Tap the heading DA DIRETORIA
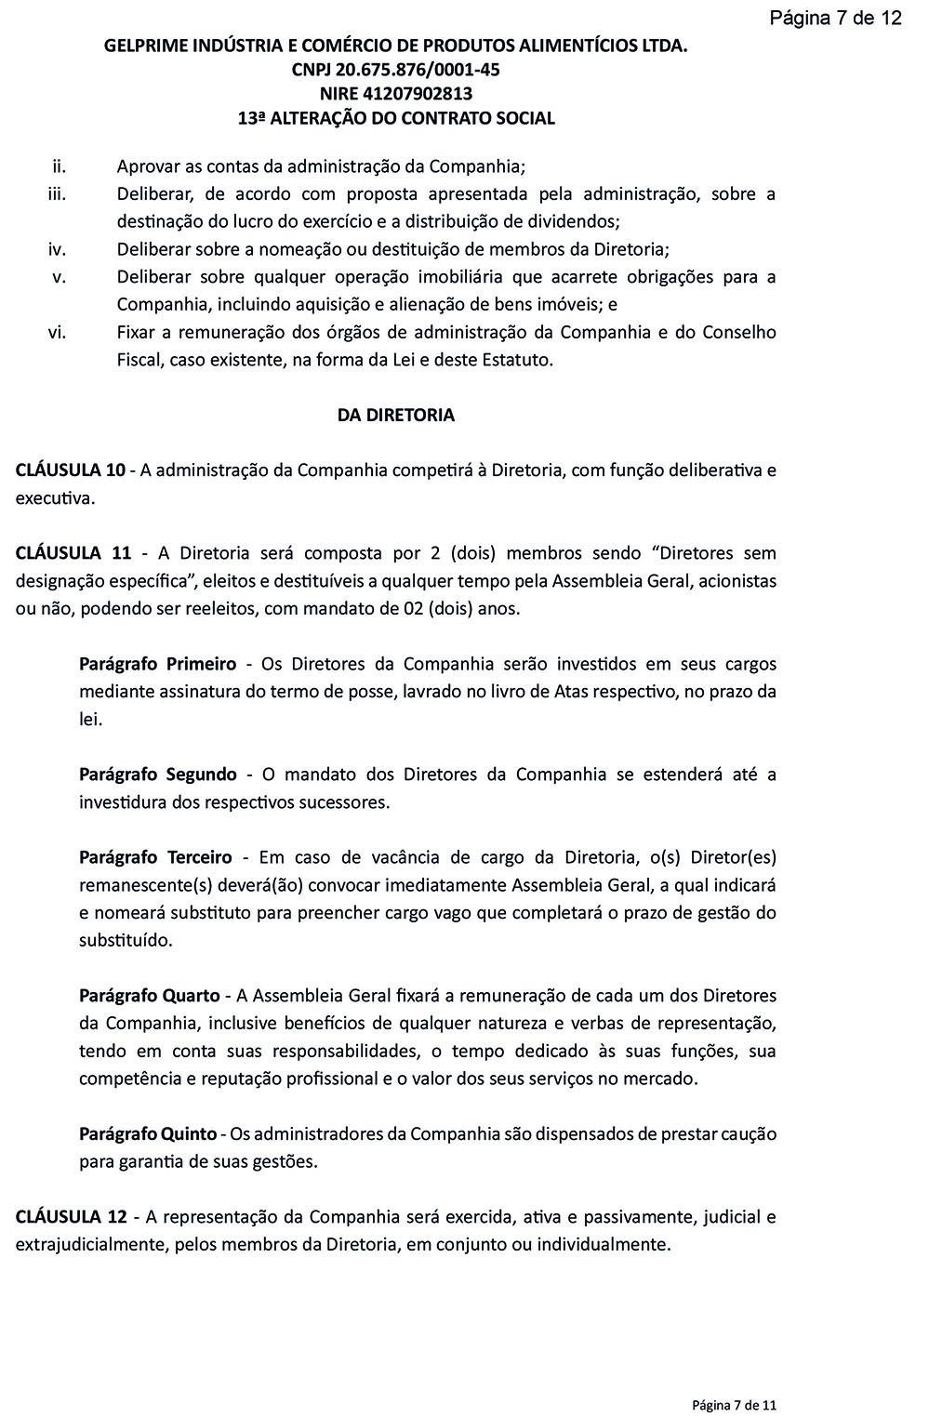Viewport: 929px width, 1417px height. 396,416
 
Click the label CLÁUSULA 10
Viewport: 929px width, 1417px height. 71,470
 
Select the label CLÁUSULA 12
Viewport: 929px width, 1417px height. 71,1217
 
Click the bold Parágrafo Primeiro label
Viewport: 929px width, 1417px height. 157,664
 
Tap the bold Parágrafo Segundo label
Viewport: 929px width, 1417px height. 158,775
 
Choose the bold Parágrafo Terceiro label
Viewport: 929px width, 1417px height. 155,857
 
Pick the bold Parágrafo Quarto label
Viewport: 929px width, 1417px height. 150,996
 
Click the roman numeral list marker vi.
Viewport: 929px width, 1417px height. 57,332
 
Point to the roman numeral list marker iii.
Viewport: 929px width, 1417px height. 56,194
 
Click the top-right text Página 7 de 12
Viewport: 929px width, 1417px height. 835,18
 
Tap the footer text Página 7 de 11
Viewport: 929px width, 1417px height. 734,1404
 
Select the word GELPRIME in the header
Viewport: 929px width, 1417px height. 148,46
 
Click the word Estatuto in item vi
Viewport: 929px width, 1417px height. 519,360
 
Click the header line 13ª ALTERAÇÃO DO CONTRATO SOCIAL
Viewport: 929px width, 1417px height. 396,119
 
